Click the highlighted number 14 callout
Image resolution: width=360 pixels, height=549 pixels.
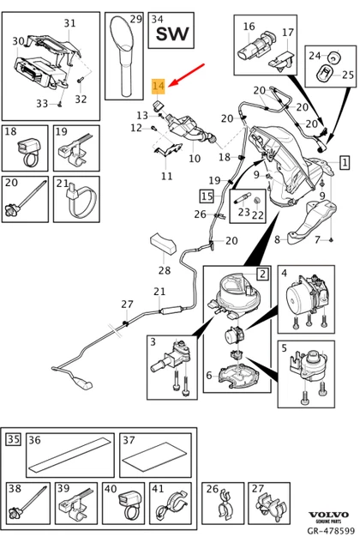click(158, 87)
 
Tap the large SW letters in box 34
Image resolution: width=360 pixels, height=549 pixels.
click(172, 34)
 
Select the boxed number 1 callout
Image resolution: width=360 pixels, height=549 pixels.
click(345, 162)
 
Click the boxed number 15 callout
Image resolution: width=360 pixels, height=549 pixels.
click(207, 196)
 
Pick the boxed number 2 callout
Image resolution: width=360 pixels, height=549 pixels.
click(263, 274)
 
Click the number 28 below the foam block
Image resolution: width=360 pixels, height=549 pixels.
click(164, 270)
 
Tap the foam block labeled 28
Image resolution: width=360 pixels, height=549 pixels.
click(163, 243)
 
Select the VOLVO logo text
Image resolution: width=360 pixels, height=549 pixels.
click(328, 515)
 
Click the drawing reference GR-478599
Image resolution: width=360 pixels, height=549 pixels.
click(331, 531)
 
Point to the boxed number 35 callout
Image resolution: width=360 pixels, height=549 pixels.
click(14, 438)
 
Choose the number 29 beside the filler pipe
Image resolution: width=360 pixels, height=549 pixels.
click(136, 19)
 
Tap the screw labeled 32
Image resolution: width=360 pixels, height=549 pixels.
click(80, 80)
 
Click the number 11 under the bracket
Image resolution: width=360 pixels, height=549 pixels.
click(167, 175)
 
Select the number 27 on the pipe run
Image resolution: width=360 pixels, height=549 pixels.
click(128, 304)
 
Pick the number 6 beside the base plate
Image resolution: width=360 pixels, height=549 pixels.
click(209, 376)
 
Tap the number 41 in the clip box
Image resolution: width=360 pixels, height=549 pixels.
click(159, 488)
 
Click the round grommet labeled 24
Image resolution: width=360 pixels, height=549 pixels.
click(335, 57)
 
